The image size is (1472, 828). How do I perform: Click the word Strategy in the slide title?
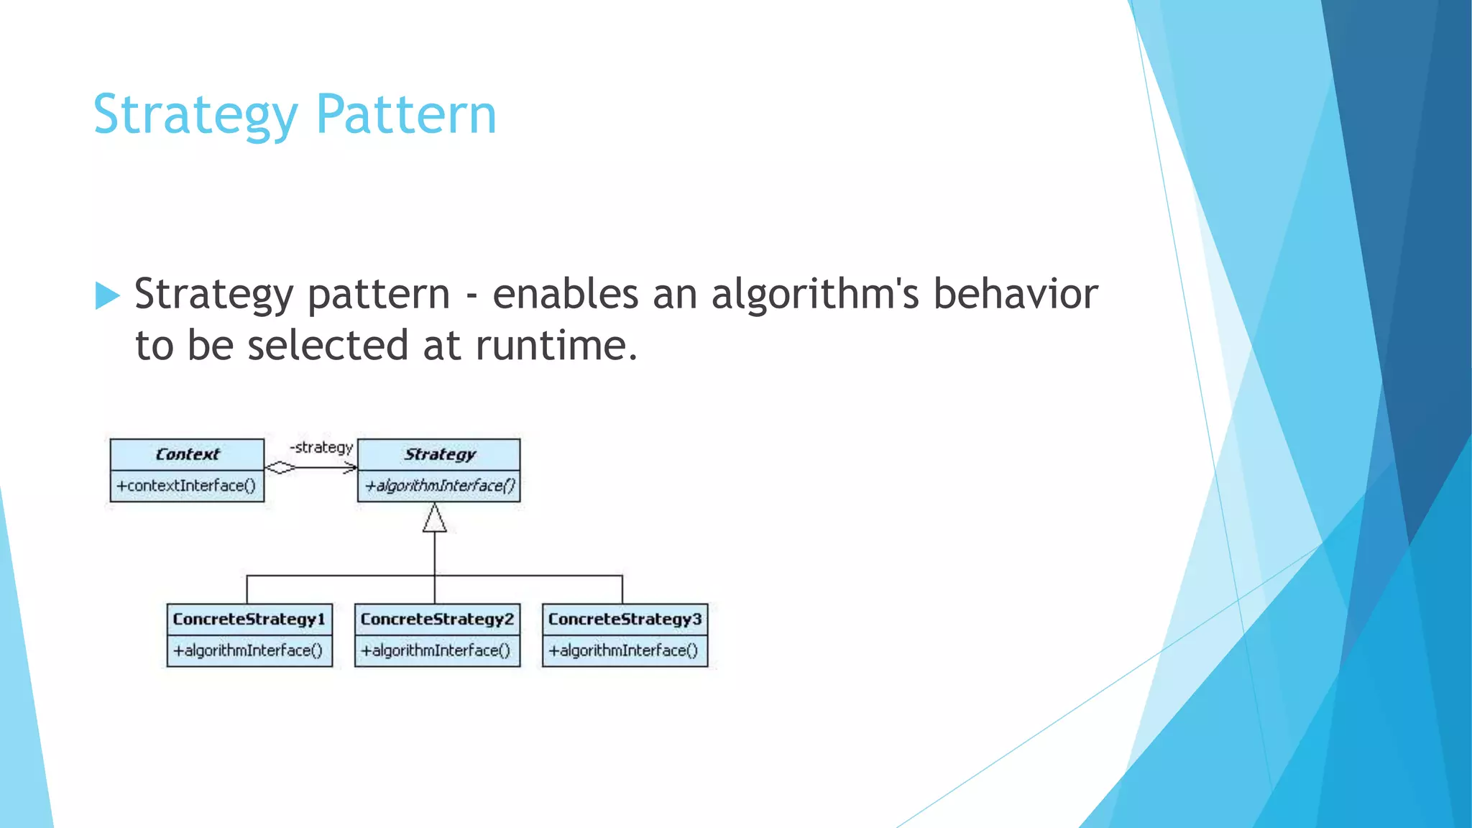click(195, 115)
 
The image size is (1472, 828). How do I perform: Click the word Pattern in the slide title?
click(406, 115)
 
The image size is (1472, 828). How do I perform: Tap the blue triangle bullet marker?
click(106, 295)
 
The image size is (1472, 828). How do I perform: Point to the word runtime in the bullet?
click(556, 346)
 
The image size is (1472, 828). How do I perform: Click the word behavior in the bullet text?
click(1015, 295)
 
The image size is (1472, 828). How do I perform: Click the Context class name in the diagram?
click(187, 454)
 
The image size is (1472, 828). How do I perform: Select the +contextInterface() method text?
click(187, 486)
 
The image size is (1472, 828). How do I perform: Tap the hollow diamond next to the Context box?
click(280, 468)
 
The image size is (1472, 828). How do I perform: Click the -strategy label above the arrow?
click(321, 447)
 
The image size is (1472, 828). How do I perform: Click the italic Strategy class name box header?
click(439, 454)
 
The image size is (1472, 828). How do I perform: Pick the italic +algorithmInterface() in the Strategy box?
click(439, 486)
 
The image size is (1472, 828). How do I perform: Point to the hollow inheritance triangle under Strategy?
click(434, 518)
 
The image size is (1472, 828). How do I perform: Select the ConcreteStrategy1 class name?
click(249, 619)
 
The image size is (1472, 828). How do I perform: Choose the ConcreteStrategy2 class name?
click(437, 619)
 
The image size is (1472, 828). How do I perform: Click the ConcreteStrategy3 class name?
click(625, 619)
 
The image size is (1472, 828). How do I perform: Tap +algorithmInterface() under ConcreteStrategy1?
click(249, 650)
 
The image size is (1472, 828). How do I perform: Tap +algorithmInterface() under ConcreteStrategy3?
click(624, 650)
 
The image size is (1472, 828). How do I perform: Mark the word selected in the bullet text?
click(328, 346)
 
